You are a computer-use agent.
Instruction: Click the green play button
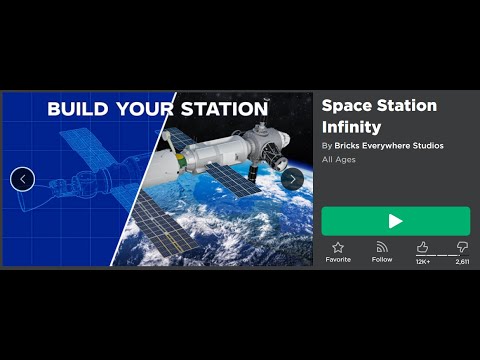pyautogui.click(x=395, y=221)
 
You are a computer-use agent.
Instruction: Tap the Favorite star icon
pyautogui.click(x=338, y=247)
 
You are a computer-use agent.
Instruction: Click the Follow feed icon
pyautogui.click(x=382, y=247)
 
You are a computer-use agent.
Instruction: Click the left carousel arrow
pyautogui.click(x=22, y=179)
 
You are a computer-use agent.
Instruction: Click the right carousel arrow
pyautogui.click(x=292, y=179)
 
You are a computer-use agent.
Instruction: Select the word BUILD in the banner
pyautogui.click(x=78, y=109)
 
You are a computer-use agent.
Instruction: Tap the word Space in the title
pyautogui.click(x=345, y=106)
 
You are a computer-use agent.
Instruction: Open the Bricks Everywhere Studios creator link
pyautogui.click(x=388, y=146)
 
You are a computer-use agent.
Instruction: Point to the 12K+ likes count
pyautogui.click(x=423, y=261)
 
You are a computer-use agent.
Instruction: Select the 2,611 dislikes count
pyautogui.click(x=462, y=261)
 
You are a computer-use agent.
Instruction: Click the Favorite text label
pyautogui.click(x=338, y=260)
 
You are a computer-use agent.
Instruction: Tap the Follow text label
pyautogui.click(x=382, y=260)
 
